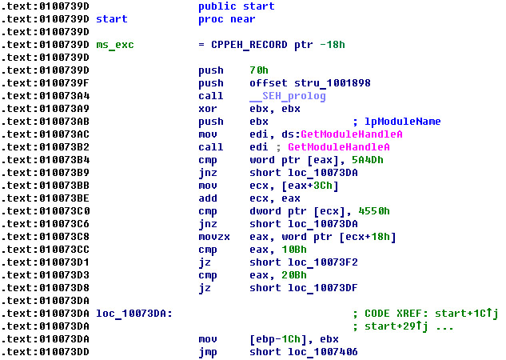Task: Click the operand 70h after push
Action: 257,70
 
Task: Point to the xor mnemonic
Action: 207,109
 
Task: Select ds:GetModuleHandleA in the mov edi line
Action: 340,134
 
